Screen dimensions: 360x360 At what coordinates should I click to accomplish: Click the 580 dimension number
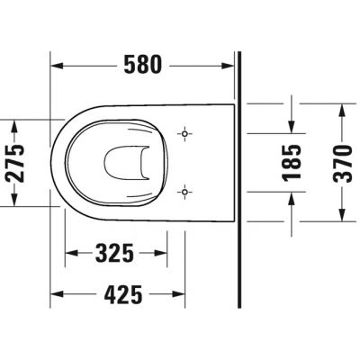143,65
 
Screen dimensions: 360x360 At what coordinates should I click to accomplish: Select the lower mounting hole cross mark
185,191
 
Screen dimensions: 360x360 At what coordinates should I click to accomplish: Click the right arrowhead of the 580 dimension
234,65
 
